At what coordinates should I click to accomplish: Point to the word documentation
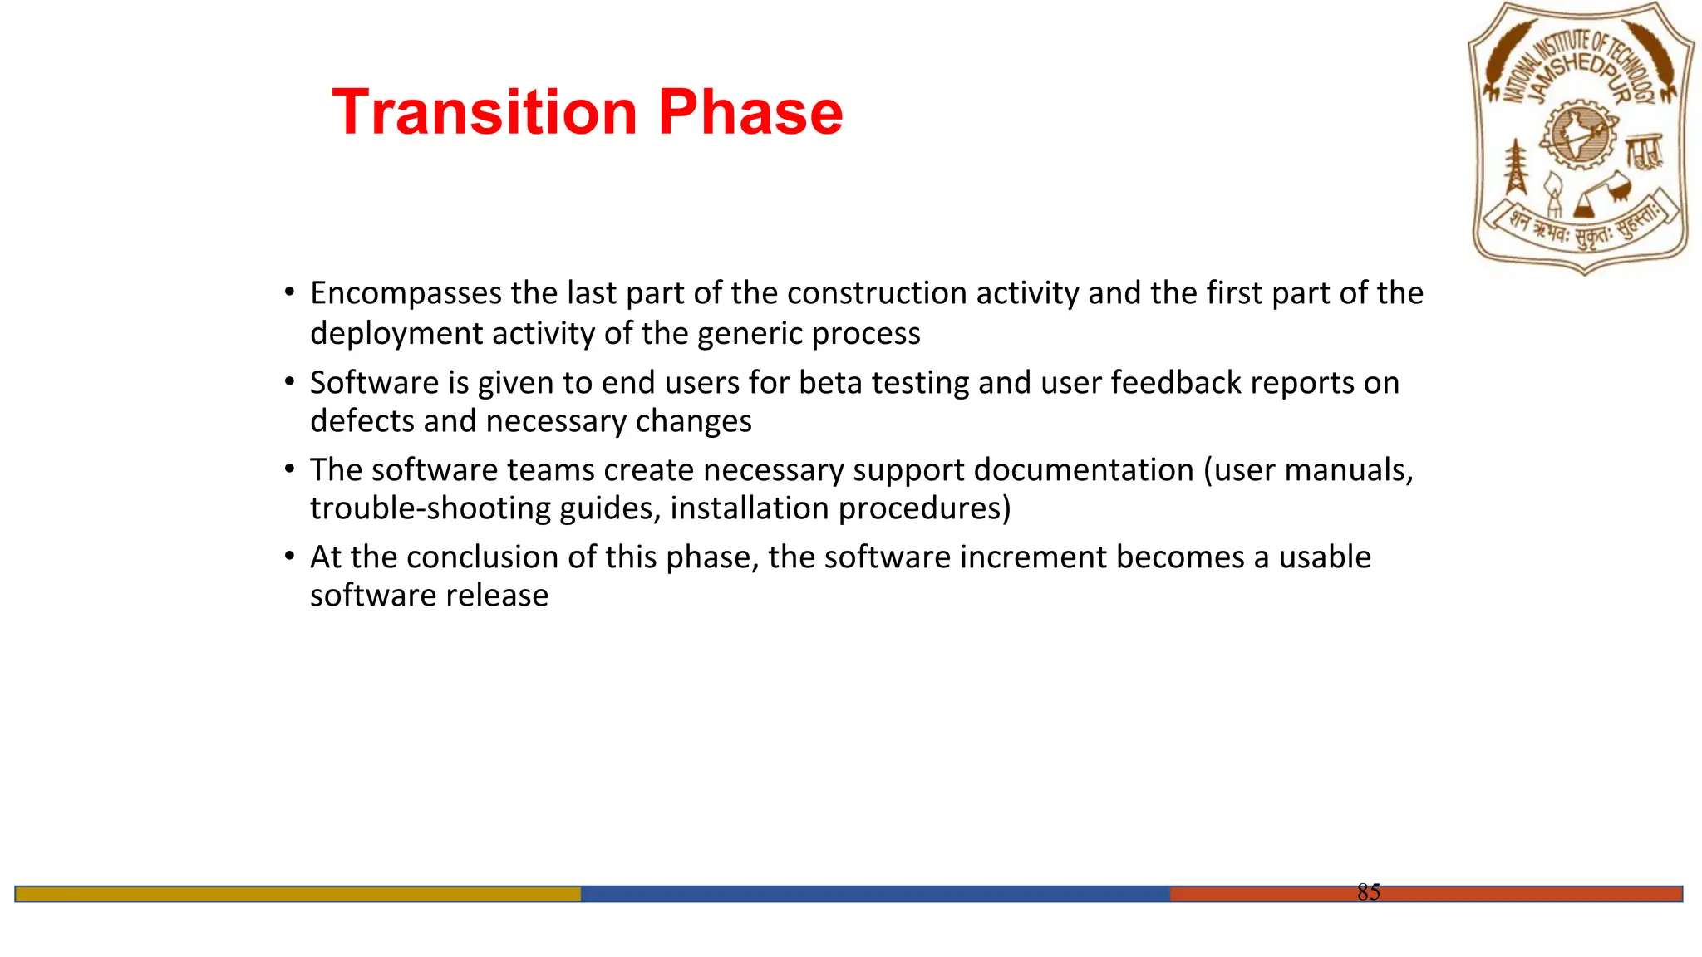(1083, 470)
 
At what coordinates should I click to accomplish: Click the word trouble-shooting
(430, 508)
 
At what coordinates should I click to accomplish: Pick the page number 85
(1368, 892)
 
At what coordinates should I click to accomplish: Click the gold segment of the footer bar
(298, 894)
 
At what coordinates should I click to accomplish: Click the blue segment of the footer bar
(874, 894)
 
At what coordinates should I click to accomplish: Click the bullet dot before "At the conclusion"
(289, 556)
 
